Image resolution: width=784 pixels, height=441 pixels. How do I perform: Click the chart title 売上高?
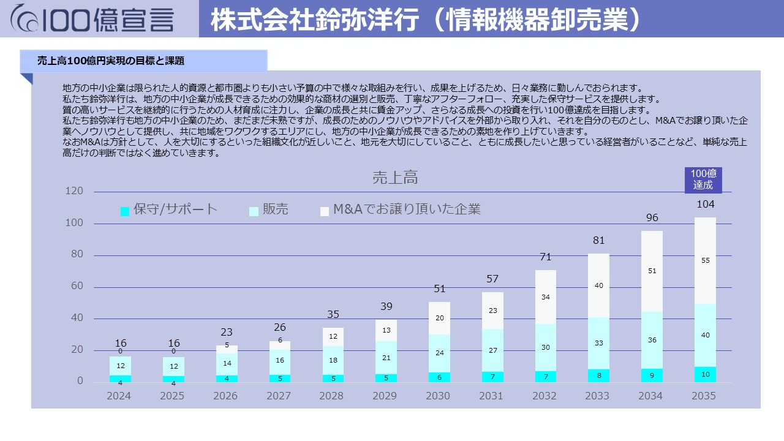point(395,178)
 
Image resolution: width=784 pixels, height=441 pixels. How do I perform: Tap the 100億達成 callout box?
point(703,179)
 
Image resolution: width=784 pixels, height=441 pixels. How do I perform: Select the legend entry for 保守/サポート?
point(169,209)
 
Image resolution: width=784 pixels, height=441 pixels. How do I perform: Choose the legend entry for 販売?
point(269,209)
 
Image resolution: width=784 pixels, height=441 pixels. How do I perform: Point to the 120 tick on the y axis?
point(74,191)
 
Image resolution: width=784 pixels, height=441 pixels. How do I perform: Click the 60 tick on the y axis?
point(77,287)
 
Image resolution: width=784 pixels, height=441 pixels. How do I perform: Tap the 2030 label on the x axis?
point(439,396)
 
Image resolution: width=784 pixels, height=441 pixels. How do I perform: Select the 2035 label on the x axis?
point(703,396)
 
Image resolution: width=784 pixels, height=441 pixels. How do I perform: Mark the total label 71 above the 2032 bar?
point(545,257)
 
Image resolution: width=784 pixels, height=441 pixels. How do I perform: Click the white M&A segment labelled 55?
point(705,260)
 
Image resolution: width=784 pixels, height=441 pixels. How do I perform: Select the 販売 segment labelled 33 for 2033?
point(598,343)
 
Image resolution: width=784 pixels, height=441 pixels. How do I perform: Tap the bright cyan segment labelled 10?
point(705,374)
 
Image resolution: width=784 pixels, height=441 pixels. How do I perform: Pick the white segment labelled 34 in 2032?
point(545,297)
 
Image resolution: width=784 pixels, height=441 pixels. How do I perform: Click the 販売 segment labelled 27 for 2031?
point(492,350)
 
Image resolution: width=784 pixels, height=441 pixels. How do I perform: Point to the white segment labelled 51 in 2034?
point(652,271)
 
